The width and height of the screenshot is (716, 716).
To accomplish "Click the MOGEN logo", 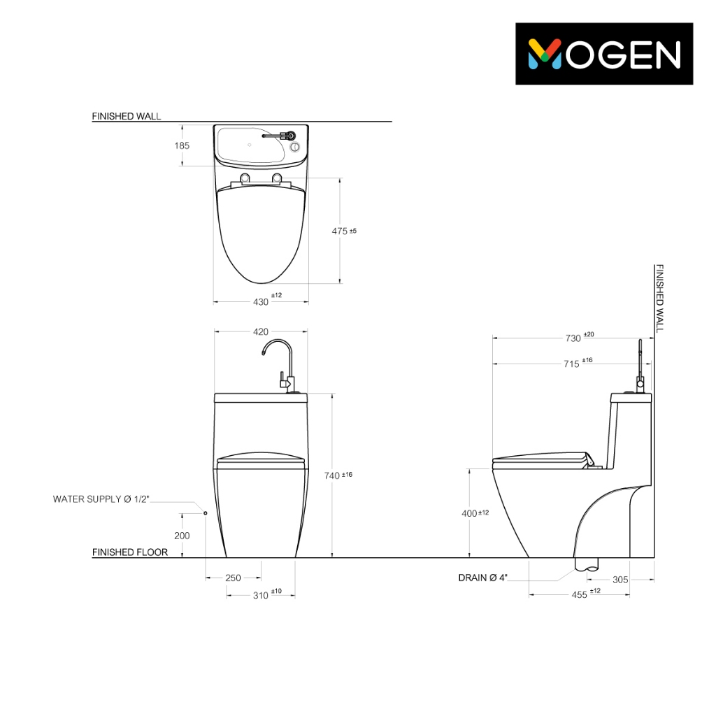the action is click(x=604, y=54).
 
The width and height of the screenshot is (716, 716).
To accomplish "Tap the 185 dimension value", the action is click(x=182, y=145).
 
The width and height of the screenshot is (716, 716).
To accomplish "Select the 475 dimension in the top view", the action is click(x=344, y=231).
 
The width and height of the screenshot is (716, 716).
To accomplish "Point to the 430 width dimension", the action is click(x=267, y=299).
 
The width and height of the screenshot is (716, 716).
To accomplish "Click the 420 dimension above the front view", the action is click(x=261, y=331).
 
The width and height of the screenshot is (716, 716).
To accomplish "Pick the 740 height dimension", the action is click(x=338, y=475).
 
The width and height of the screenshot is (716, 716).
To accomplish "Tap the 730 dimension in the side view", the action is click(x=580, y=337).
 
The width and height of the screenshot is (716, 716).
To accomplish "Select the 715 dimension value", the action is click(x=578, y=363).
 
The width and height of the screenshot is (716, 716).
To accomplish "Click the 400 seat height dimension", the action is click(x=475, y=513).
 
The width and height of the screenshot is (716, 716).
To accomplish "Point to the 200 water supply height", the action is click(x=182, y=536).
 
